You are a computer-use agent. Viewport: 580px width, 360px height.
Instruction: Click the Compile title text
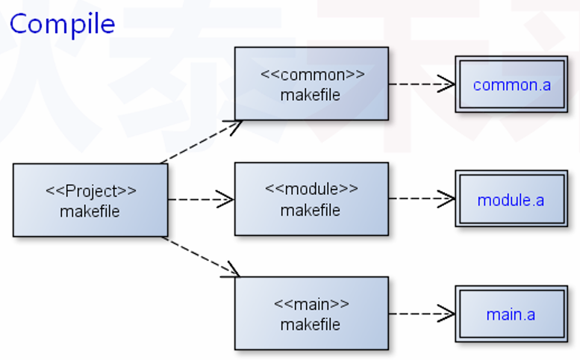click(x=62, y=24)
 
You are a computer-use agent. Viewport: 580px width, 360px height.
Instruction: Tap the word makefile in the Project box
click(x=90, y=211)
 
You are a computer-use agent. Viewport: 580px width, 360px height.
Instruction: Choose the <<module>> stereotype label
click(x=311, y=189)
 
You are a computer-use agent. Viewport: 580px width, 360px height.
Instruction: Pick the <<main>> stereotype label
click(x=311, y=304)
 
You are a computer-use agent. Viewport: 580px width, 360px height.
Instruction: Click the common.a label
click(x=512, y=84)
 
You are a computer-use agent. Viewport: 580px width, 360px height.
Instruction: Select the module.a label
click(x=511, y=200)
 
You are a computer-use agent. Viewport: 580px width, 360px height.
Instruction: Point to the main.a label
click(x=511, y=314)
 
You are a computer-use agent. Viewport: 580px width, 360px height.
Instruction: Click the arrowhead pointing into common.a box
click(x=447, y=84)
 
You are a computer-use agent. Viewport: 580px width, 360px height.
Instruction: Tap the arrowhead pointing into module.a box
click(x=447, y=199)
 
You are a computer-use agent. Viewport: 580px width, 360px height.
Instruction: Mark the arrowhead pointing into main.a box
click(x=447, y=313)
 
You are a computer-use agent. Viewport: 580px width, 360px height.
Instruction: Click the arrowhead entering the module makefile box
click(x=225, y=199)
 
